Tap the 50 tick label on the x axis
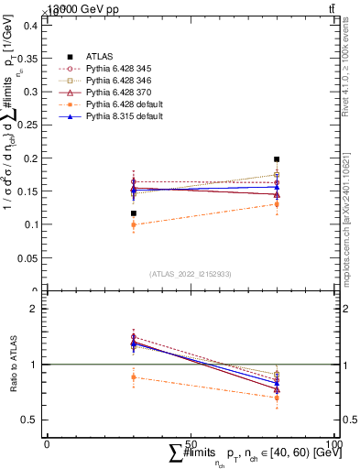[x=191, y=442]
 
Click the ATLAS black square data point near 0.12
[x=134, y=213]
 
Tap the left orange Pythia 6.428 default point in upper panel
[x=134, y=224]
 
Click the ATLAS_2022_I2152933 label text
[x=191, y=274]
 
